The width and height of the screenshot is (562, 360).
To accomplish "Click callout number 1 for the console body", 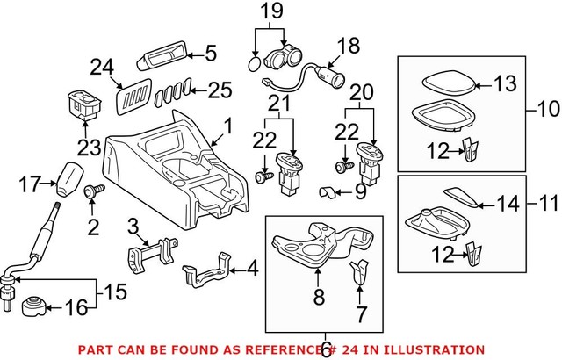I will [227, 127].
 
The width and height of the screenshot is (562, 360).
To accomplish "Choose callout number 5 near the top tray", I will [210, 54].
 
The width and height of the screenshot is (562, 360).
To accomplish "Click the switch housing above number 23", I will [84, 102].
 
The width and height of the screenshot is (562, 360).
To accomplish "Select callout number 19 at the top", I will [270, 12].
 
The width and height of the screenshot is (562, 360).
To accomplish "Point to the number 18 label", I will [349, 44].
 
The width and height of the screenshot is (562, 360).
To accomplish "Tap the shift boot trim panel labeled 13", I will [447, 83].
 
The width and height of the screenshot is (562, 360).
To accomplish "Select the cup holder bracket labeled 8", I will [306, 245].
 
